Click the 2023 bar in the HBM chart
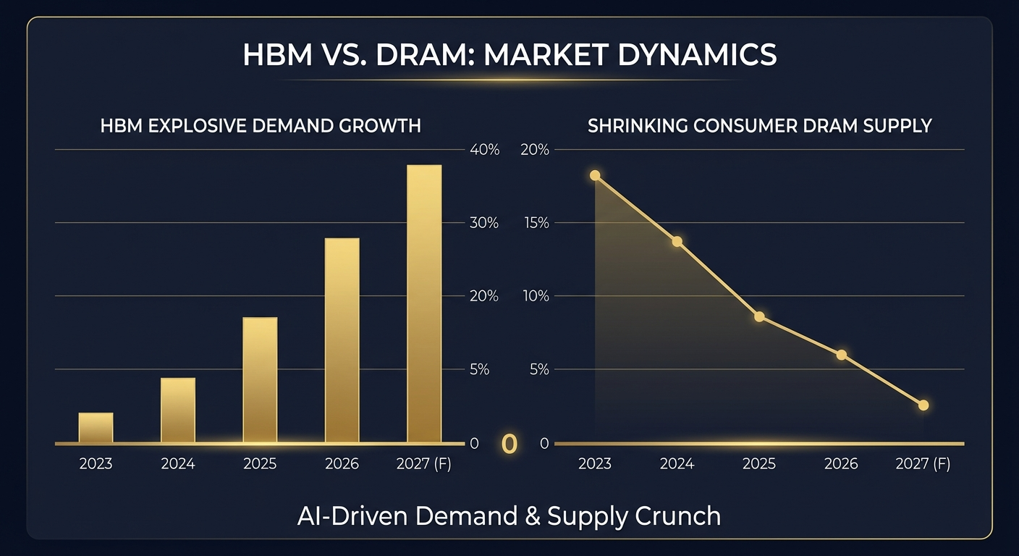click(x=96, y=427)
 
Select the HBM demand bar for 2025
click(x=260, y=379)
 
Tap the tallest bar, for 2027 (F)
click(x=424, y=303)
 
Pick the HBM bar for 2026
click(x=342, y=340)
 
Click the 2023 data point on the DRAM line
click(x=595, y=175)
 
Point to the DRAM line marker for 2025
click(x=759, y=316)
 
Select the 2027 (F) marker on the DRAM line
click(x=923, y=405)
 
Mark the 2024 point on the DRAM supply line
click(x=677, y=241)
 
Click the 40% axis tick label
click(x=484, y=150)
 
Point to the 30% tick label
click(x=484, y=223)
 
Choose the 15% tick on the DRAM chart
click(x=536, y=223)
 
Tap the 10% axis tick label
click(x=536, y=296)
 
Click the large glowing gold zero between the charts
click(x=509, y=444)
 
